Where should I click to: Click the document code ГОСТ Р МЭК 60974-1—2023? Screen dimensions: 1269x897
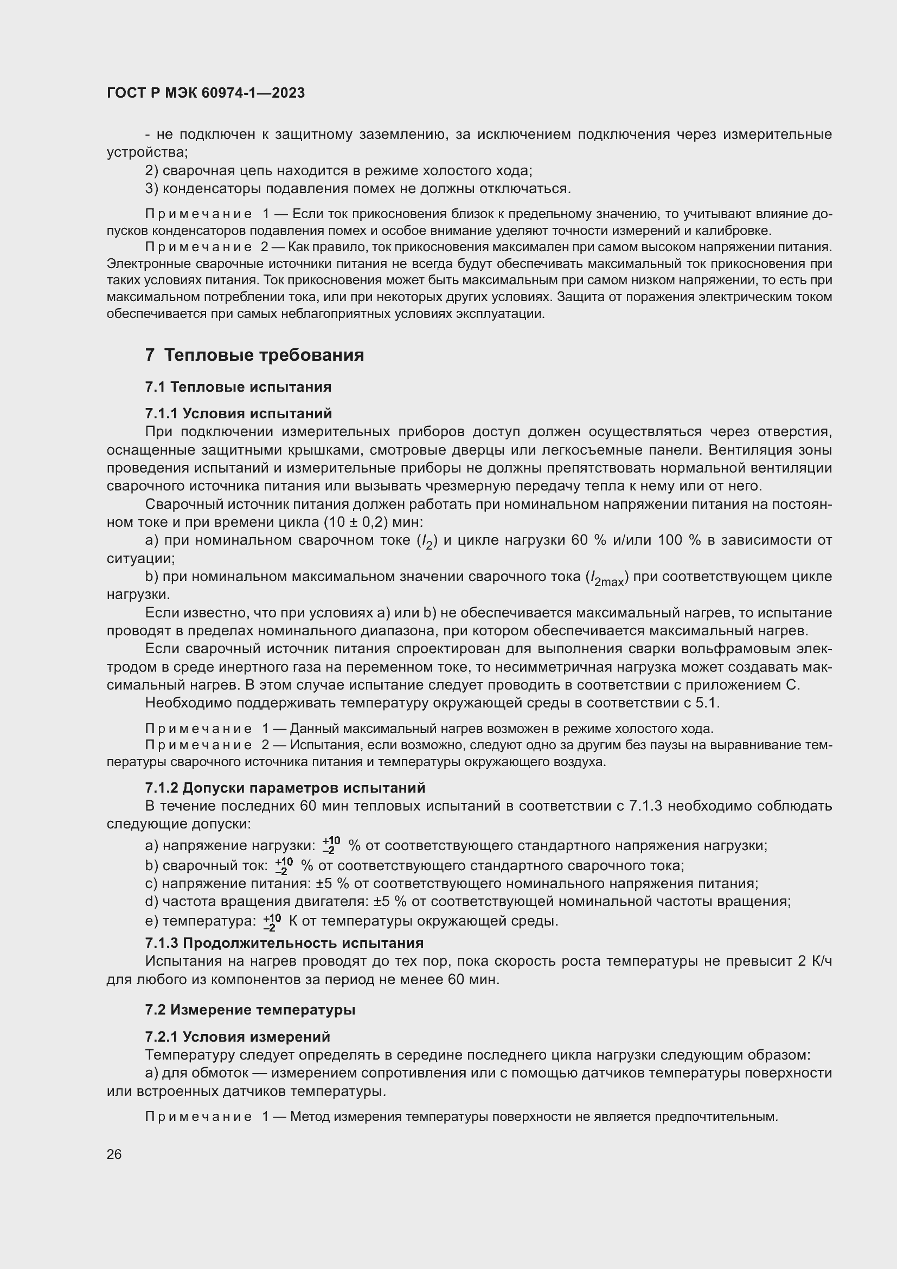pos(206,93)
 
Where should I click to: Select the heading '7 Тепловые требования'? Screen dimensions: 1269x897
pos(255,355)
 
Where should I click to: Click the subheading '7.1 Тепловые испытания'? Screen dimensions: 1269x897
pos(238,387)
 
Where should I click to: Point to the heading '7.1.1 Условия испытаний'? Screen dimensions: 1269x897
pos(239,413)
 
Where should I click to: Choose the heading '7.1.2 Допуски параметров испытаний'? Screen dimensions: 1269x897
pos(285,788)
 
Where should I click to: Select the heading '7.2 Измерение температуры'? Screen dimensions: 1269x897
pos(250,1010)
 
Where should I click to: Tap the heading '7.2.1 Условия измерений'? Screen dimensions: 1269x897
pos(238,1036)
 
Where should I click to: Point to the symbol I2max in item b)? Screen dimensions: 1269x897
pos(607,578)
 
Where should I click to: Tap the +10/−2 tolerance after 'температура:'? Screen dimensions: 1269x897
pos(272,921)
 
